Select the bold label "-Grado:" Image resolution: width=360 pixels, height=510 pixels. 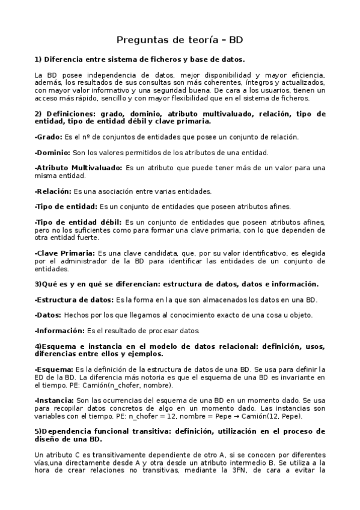pos(49,137)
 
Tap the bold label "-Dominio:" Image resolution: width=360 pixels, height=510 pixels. pos(52,152)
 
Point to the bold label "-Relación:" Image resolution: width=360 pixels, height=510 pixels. pos(53,191)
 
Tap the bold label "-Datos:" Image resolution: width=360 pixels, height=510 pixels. pos(48,315)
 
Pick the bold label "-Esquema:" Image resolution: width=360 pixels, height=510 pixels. pos(54,369)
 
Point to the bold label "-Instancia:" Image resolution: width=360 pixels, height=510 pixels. pos(55,400)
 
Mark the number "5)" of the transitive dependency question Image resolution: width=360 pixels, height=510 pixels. pos(38,431)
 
